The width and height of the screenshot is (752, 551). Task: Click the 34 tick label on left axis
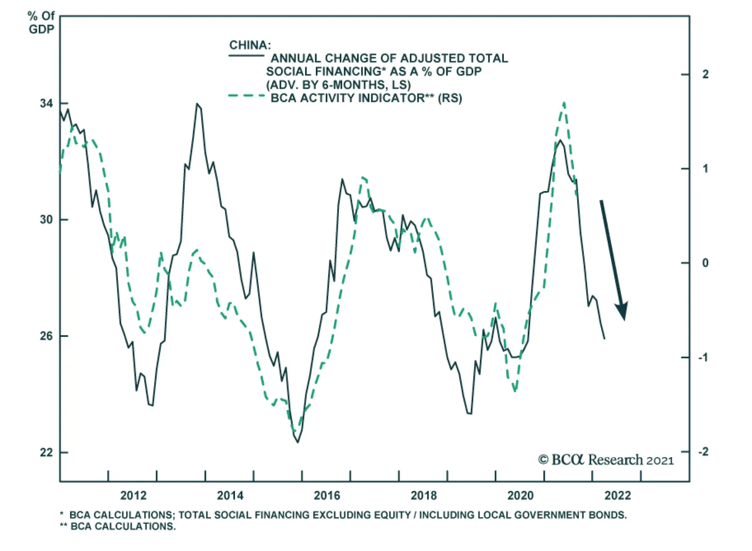pos(47,103)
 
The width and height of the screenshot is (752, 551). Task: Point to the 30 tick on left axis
pos(47,220)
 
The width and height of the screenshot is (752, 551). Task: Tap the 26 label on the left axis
pos(47,336)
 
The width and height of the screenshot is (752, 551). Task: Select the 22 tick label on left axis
pos(47,452)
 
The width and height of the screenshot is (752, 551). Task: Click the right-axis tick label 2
pos(705,74)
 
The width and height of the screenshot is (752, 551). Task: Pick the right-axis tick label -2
pos(703,452)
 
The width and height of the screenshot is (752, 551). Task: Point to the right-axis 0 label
pos(705,263)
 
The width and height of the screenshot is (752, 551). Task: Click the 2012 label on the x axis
pos(133,496)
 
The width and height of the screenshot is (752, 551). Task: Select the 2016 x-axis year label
pos(327,496)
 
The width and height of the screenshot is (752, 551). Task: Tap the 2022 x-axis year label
pos(617,496)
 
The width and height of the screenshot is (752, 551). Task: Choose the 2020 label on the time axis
pos(520,496)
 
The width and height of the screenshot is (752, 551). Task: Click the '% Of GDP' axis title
pos(41,23)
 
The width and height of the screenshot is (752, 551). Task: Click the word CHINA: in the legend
pos(250,45)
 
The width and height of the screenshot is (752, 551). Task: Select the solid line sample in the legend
pos(247,56)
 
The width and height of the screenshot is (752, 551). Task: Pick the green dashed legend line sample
pos(247,96)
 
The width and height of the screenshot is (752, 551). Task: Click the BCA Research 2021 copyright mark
pos(605,459)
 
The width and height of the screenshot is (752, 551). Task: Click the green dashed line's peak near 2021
pos(564,102)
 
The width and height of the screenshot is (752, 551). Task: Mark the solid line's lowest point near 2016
pos(298,442)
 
